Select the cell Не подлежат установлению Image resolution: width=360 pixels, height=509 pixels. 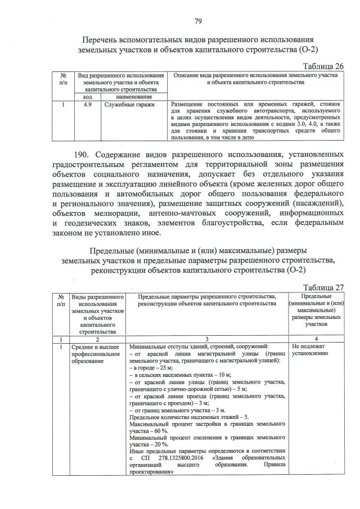[309, 351]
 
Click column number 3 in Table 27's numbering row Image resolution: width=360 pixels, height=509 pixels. [206, 340]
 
